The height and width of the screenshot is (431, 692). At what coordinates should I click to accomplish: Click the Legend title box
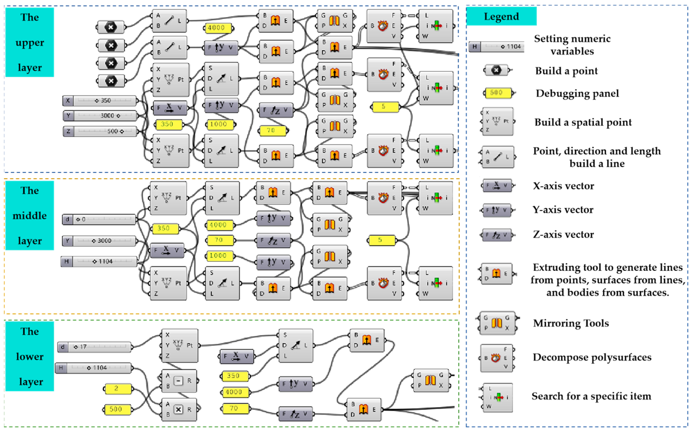(501, 16)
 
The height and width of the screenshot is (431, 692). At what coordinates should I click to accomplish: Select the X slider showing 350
(100, 101)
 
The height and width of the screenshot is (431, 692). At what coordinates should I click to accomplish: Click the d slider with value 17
(94, 347)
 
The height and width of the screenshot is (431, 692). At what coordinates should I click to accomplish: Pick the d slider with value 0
(99, 219)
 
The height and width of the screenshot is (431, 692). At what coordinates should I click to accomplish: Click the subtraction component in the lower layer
(179, 381)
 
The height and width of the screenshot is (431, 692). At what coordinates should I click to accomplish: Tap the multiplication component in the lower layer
(179, 410)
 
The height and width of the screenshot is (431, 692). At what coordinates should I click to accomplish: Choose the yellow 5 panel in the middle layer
(382, 240)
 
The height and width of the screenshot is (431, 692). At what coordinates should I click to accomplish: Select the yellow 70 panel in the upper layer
(272, 131)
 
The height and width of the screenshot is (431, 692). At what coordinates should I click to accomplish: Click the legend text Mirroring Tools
(571, 323)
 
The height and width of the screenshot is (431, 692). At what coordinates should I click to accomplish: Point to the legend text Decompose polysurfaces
(592, 357)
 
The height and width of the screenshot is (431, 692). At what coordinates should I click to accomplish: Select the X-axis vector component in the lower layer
(236, 356)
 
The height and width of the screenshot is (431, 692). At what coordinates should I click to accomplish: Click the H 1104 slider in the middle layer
(99, 261)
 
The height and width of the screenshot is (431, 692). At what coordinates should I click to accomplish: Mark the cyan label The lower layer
(30, 356)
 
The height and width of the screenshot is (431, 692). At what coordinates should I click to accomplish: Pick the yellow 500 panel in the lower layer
(117, 409)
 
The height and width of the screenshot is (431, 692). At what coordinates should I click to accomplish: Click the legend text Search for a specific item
(591, 396)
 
